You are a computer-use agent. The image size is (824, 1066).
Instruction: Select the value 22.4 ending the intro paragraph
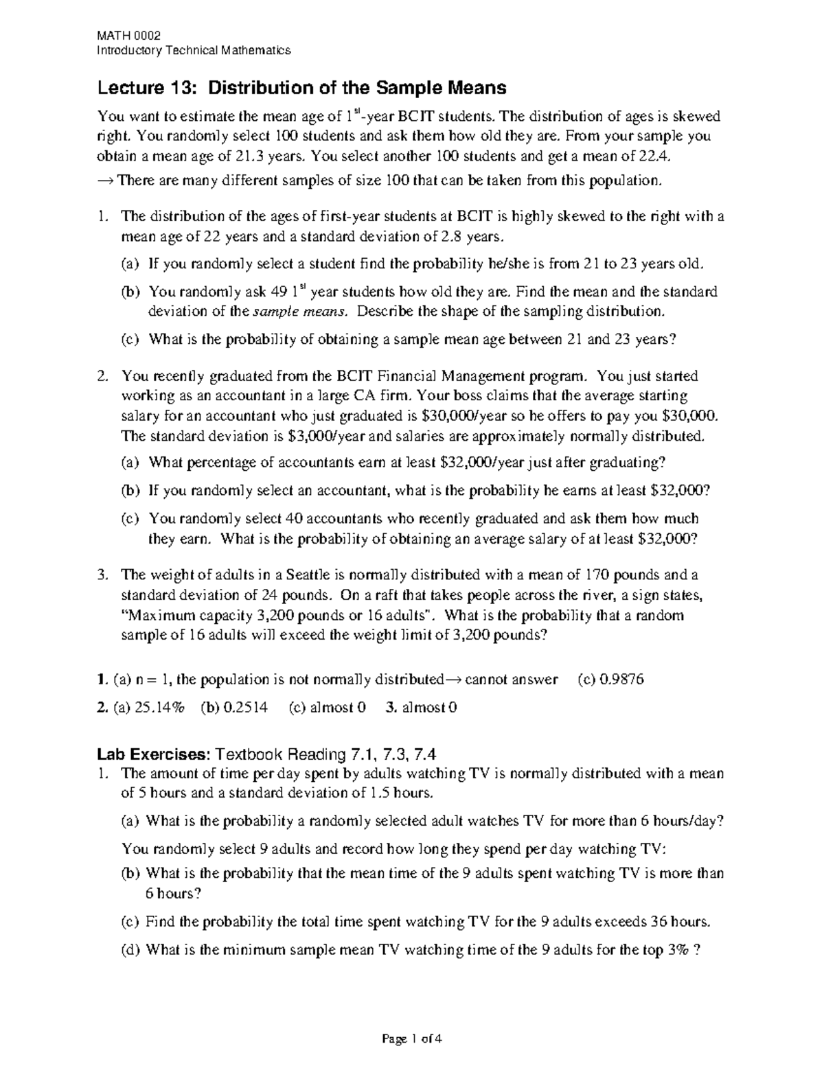[x=652, y=156]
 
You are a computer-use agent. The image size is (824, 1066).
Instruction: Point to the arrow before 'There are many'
[x=106, y=181]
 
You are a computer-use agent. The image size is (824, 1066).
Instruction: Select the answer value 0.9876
[x=620, y=680]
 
